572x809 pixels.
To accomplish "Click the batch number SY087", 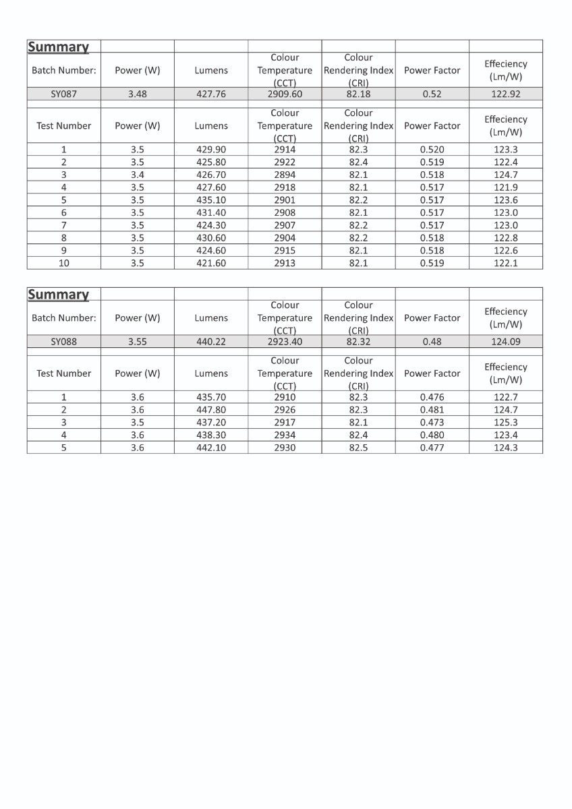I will click(64, 94).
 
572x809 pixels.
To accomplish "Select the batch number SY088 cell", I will click(64, 342).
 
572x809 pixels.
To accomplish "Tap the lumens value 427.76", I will click(211, 94).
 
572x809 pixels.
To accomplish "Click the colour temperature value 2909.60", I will click(285, 94).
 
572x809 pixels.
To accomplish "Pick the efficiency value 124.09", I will click(506, 342).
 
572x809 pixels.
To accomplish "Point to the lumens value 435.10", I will click(211, 200).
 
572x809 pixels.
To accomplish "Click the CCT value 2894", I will click(285, 175).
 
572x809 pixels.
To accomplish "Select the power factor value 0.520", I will click(432, 150).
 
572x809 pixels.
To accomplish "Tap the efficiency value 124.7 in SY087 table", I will click(506, 175).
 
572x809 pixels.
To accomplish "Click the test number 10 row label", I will click(64, 263).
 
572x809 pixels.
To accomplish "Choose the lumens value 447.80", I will click(211, 410).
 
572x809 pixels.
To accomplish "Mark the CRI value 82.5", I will click(358, 448).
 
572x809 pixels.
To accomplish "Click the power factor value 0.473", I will click(432, 423).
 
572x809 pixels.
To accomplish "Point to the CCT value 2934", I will click(285, 436).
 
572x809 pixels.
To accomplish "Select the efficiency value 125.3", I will click(506, 423).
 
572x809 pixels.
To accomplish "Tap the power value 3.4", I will click(138, 175).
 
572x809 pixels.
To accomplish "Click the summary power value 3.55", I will click(138, 342).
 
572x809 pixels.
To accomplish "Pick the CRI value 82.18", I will click(358, 94).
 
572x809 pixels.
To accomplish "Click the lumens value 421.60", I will click(211, 263).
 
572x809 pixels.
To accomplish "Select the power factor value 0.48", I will click(432, 342).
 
